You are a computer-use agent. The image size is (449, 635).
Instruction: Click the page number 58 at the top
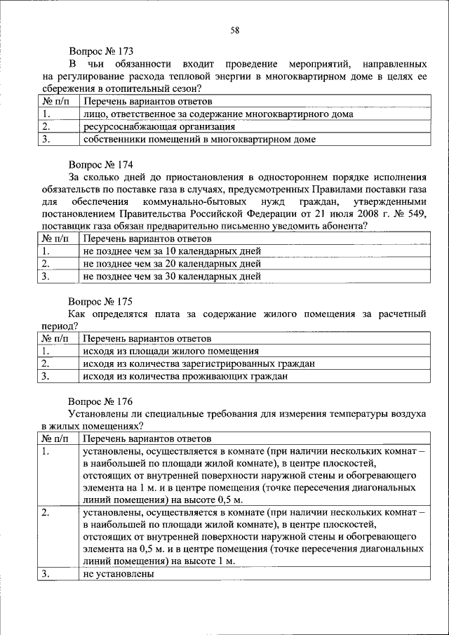coord(234,29)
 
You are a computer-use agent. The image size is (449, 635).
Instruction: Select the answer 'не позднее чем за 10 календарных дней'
coord(171,251)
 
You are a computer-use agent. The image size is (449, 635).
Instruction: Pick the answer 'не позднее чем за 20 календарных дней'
coord(171,264)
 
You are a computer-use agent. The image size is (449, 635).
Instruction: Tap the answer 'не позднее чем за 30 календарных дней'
coord(171,276)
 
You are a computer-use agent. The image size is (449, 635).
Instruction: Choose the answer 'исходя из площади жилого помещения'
coord(170,351)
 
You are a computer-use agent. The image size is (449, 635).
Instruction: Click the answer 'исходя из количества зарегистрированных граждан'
coord(198,363)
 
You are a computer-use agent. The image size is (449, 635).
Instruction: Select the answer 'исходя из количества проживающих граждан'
coord(185,376)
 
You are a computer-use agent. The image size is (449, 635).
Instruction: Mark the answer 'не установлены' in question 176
coord(117,574)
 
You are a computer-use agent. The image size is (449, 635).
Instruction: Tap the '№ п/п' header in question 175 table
coord(57,338)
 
